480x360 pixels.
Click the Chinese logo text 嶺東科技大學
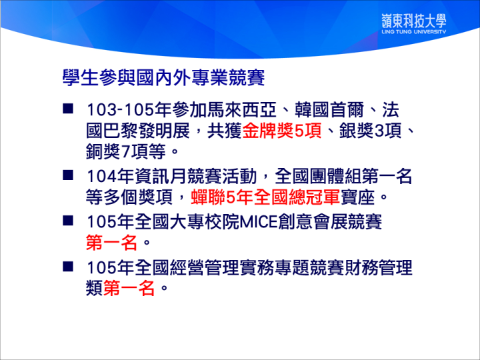click(x=414, y=21)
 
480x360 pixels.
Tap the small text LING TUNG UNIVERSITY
click(x=414, y=31)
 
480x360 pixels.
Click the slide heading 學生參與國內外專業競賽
click(x=164, y=78)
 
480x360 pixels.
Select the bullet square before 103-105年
click(x=68, y=109)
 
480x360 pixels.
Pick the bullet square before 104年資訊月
click(x=68, y=175)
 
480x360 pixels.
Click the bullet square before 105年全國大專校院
click(x=68, y=221)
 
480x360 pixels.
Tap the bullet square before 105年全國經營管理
click(x=68, y=266)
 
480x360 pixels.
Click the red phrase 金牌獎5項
click(x=282, y=131)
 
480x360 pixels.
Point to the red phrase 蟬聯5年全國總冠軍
click(x=265, y=197)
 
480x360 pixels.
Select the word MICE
click(x=259, y=222)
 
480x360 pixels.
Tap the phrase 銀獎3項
click(x=371, y=131)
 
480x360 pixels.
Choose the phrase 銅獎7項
click(x=117, y=151)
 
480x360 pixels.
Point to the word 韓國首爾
click(x=329, y=110)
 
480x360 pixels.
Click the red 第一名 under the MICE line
click(x=111, y=243)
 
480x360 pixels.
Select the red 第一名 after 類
click(x=129, y=288)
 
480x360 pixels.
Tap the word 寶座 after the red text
click(x=357, y=197)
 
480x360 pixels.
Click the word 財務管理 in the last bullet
click(x=379, y=267)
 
